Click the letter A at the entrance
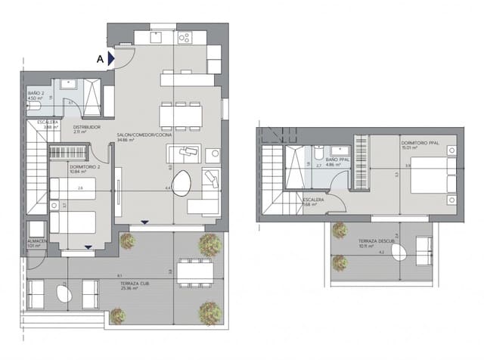100,57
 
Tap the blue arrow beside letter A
110,57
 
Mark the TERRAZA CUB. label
133,284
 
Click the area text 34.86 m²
126,141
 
